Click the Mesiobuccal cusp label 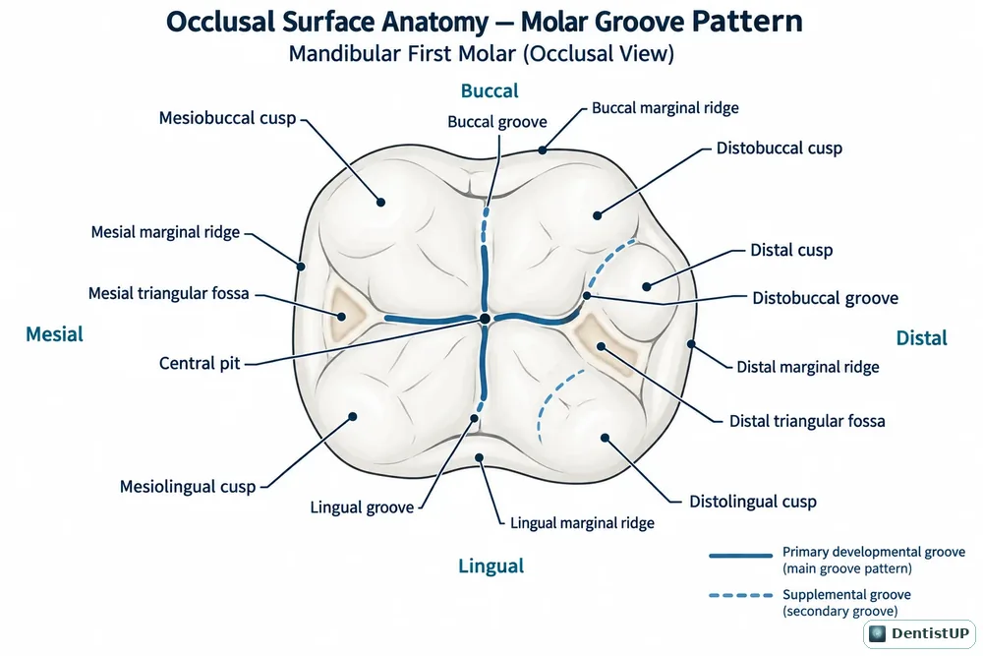tap(227, 118)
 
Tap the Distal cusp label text tap(791, 250)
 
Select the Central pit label tap(200, 363)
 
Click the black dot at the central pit tap(485, 319)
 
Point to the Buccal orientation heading tap(490, 90)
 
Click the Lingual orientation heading tap(491, 566)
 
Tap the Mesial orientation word tap(54, 334)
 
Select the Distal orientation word tap(922, 338)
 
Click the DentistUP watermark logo tap(919, 633)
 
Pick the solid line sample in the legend tap(740, 556)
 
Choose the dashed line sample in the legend tap(740, 595)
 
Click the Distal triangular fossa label tap(807, 421)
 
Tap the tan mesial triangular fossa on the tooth tap(342, 313)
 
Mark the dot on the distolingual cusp tap(605, 438)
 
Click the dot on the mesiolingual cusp tap(353, 416)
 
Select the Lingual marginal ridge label tap(582, 523)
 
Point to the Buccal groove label tap(497, 122)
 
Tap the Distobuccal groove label tap(825, 298)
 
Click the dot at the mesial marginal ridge tap(301, 267)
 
